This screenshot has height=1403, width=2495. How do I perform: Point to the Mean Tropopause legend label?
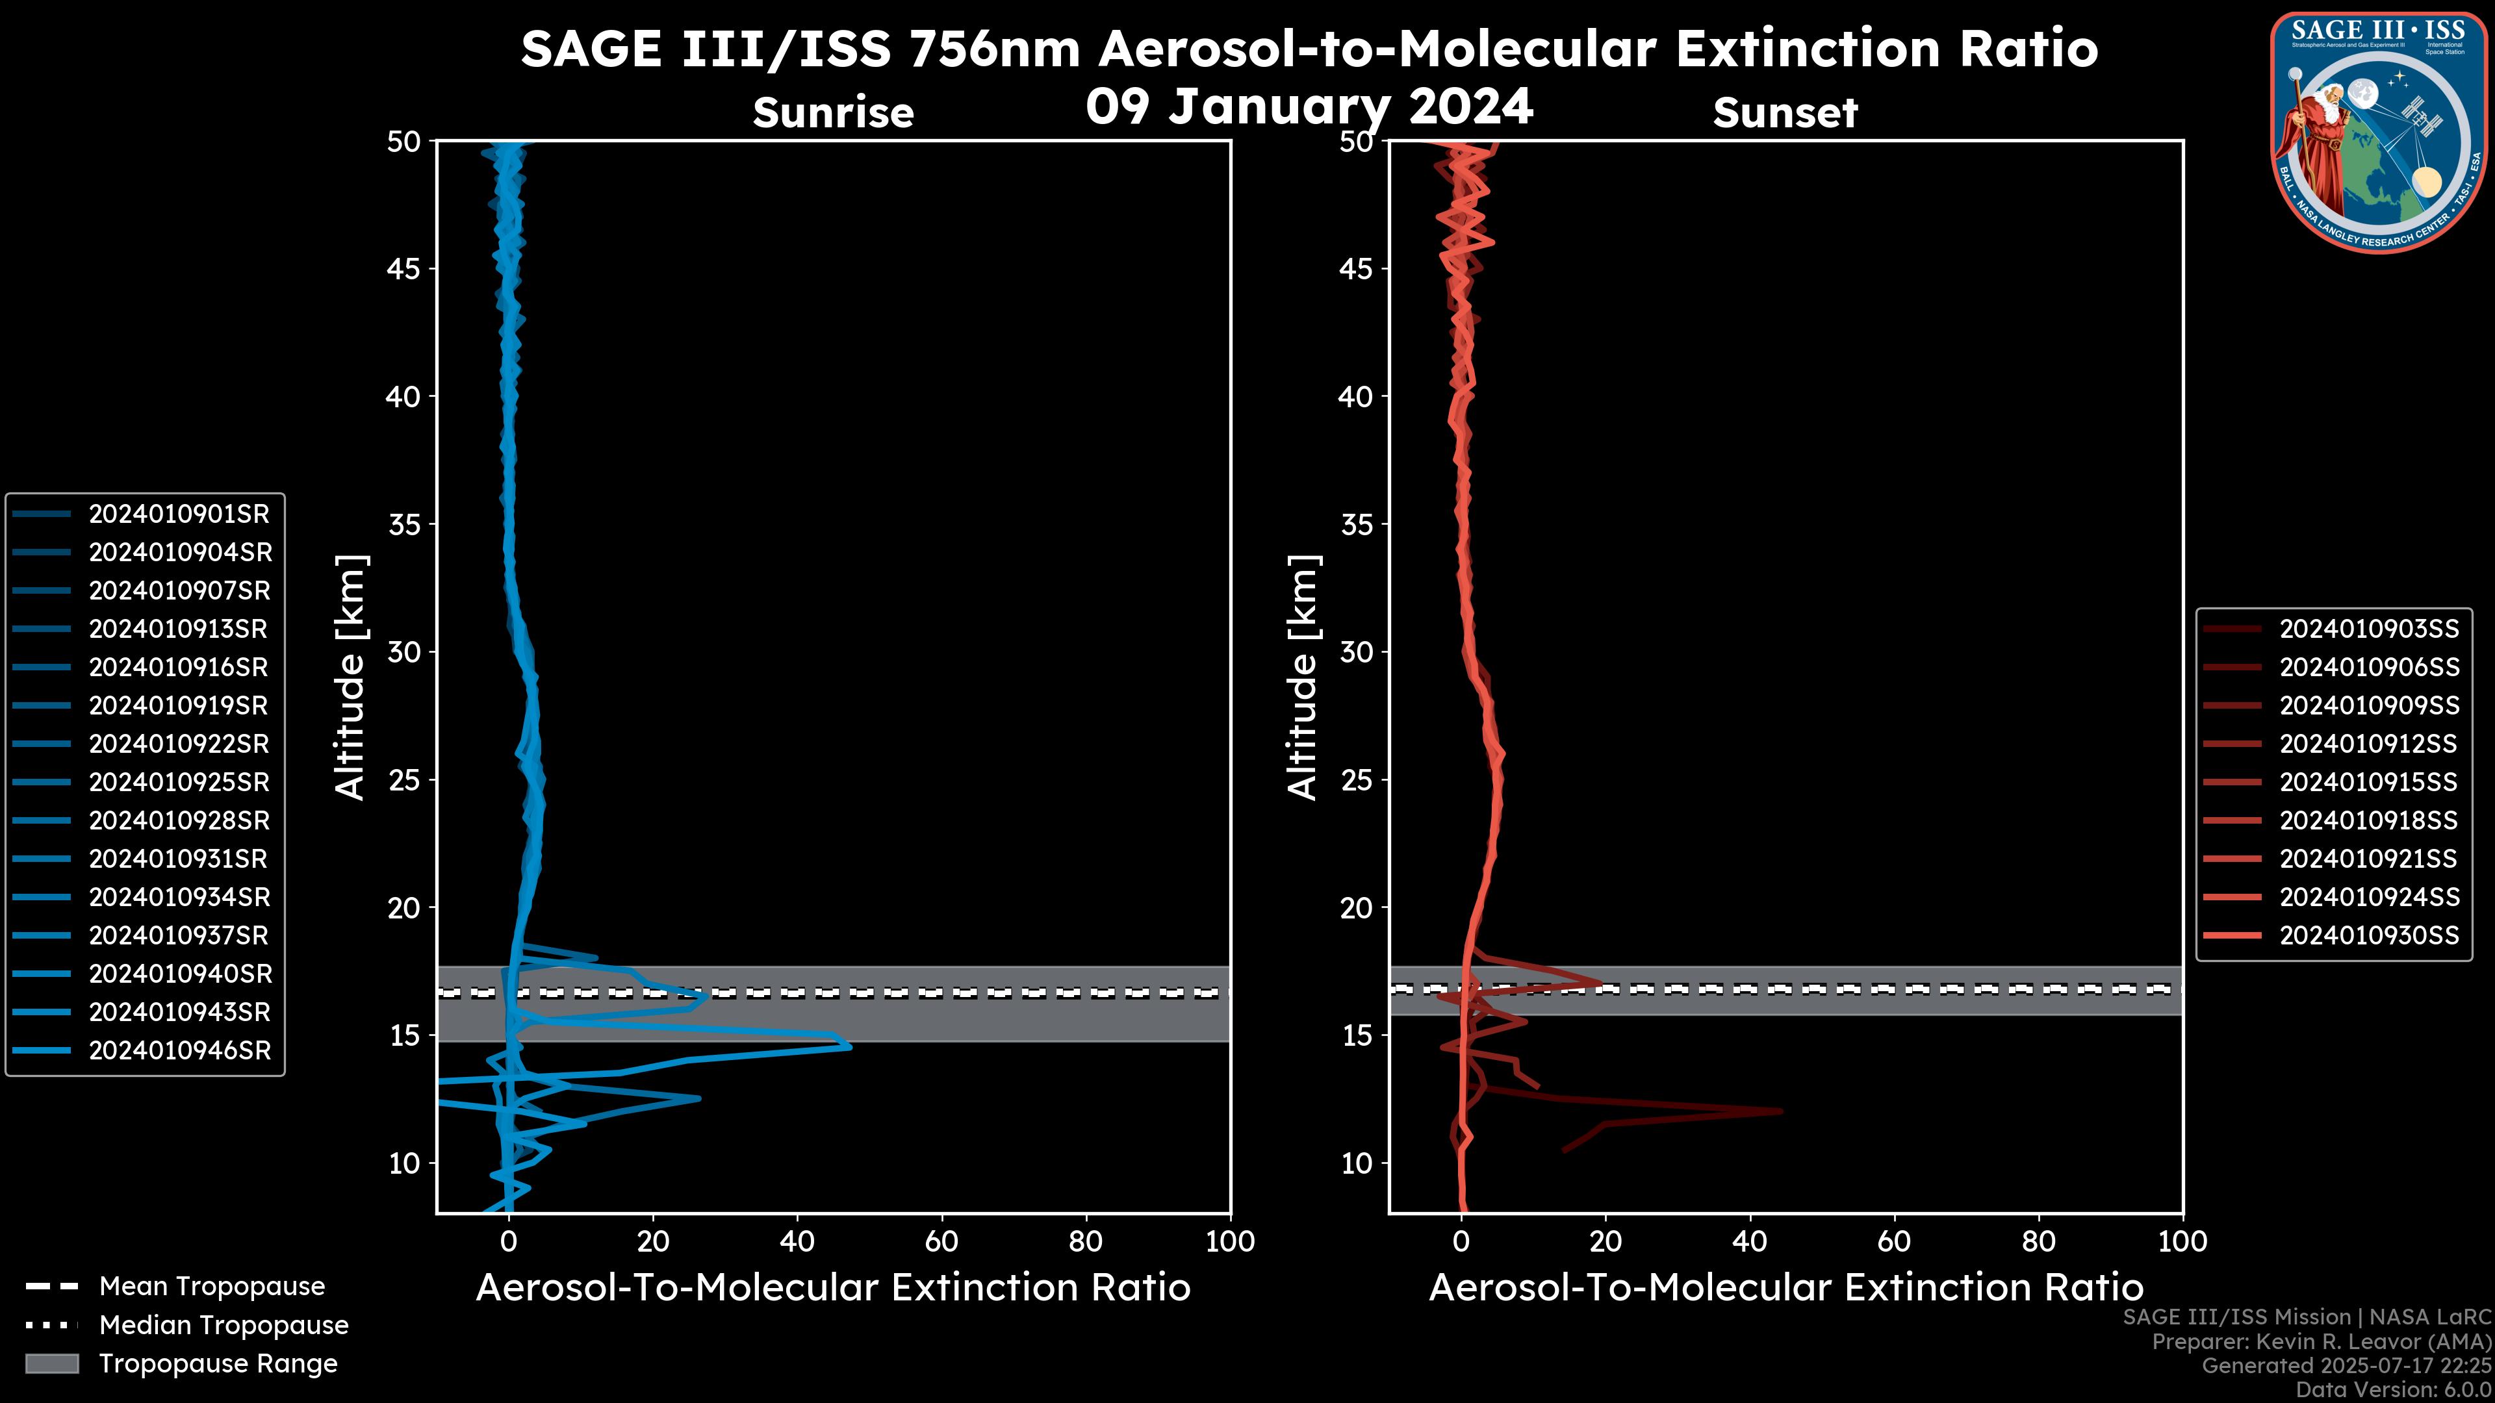[211, 1286]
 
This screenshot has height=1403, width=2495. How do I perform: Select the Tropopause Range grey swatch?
[51, 1363]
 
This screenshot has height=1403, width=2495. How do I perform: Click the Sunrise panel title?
[833, 112]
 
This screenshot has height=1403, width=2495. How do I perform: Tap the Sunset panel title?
[1785, 112]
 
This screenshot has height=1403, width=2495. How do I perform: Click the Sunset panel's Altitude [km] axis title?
[1303, 677]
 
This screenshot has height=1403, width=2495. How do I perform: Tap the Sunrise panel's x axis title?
[833, 1288]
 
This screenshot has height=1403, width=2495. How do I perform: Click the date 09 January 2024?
[1309, 107]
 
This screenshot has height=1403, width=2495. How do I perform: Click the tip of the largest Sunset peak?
[1780, 1111]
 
